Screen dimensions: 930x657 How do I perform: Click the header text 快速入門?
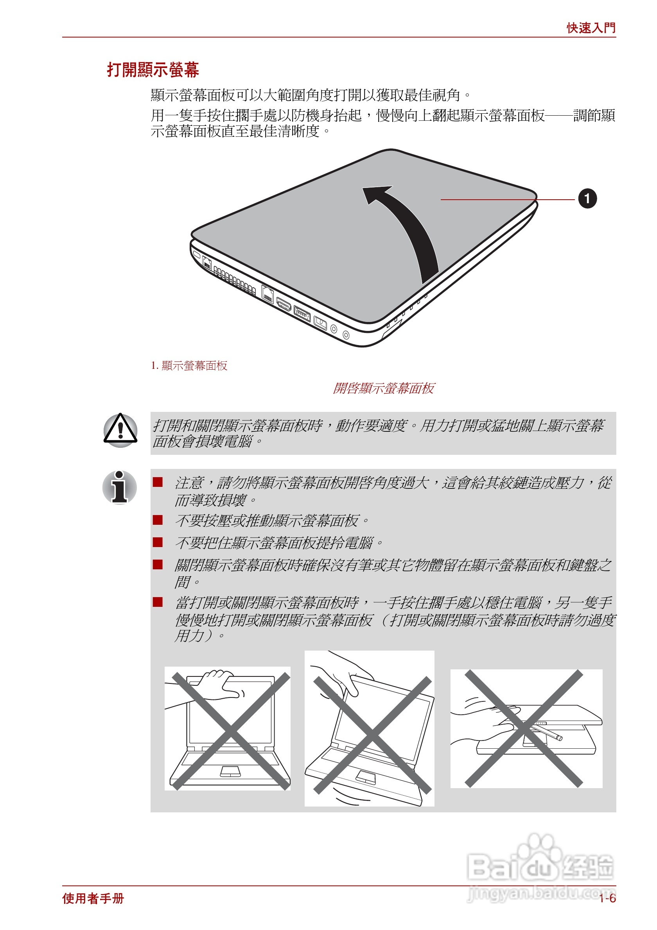[x=591, y=28]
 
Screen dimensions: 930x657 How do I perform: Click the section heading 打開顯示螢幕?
[x=153, y=70]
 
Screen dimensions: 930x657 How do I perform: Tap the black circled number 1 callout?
[x=587, y=199]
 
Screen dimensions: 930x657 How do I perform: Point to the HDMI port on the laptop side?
[x=284, y=304]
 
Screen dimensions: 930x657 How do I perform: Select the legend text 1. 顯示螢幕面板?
[x=189, y=365]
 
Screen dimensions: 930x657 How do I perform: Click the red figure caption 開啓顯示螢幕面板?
[x=383, y=388]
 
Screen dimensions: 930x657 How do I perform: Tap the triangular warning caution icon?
[x=120, y=430]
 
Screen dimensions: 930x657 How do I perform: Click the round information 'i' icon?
[x=120, y=487]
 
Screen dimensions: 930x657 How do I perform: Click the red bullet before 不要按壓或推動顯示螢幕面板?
[x=158, y=520]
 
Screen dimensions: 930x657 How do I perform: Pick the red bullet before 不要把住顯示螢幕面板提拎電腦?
[x=158, y=542]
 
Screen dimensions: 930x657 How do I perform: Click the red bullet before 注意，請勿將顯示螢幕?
[x=158, y=482]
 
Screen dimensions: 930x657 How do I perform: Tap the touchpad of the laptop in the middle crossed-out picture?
[x=365, y=777]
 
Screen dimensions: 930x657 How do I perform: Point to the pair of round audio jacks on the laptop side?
[x=340, y=331]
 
